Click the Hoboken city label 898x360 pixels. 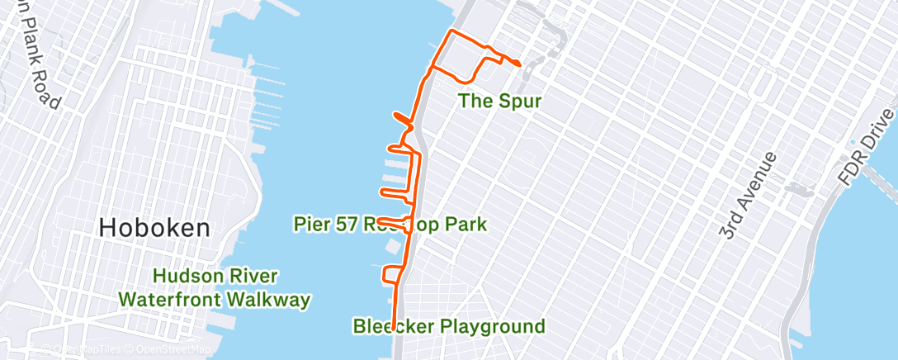[154, 228]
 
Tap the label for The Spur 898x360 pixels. [500, 102]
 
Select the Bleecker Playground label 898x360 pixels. [449, 326]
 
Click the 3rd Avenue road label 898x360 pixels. [748, 196]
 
